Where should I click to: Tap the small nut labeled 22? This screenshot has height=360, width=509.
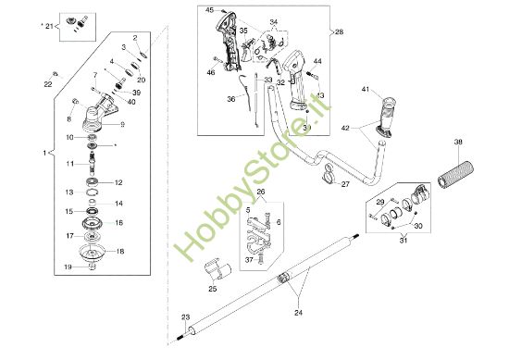[56, 72]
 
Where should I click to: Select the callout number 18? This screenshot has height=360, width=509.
[120, 252]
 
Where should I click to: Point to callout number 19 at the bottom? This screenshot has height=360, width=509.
[68, 267]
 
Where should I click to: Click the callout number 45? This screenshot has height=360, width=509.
[209, 9]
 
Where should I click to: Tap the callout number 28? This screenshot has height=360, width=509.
[339, 31]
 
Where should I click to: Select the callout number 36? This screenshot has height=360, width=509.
[231, 98]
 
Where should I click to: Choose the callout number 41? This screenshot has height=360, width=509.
[366, 89]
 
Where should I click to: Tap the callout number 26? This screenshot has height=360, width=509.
[260, 193]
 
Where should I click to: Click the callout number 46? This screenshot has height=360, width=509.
[211, 71]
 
